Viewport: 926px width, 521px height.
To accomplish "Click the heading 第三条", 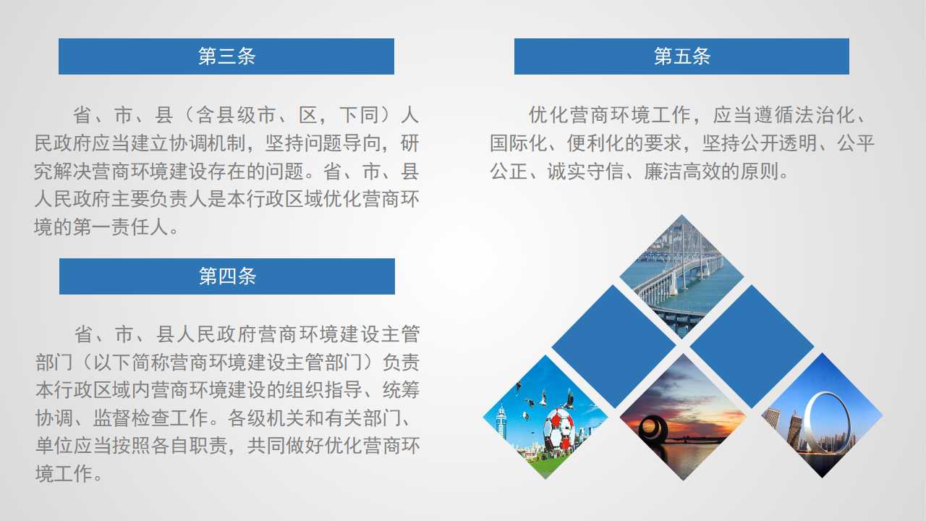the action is (x=226, y=56).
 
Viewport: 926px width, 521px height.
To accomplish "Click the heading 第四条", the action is (x=227, y=276).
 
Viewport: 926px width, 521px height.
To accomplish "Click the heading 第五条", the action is (x=682, y=56).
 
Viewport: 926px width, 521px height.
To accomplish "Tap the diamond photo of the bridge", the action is (x=681, y=276).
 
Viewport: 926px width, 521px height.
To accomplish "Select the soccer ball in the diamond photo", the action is (x=558, y=430).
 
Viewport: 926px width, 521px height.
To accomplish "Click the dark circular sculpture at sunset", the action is (x=653, y=430).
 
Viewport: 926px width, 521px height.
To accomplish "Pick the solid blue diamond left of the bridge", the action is (x=614, y=347).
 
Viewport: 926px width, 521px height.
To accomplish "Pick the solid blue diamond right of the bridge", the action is (x=752, y=347).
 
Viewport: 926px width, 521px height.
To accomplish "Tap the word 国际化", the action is (x=519, y=143).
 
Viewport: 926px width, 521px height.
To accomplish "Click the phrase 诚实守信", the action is (x=585, y=171).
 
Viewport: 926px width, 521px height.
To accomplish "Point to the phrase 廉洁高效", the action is (x=682, y=171).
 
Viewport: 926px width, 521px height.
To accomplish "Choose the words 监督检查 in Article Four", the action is (x=131, y=418).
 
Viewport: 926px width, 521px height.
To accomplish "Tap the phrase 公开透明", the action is (x=779, y=143).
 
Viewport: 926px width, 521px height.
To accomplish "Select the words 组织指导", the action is (x=323, y=390).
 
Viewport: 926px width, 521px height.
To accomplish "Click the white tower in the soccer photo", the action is (x=501, y=421).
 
